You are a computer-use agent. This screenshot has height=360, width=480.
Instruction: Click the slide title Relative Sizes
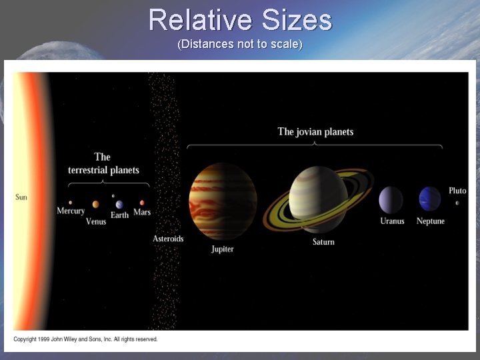tap(240, 20)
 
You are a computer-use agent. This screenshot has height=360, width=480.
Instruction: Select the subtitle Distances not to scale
tap(240, 45)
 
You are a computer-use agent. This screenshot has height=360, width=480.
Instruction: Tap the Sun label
tap(21, 197)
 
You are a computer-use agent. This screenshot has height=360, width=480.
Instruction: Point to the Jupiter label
tap(223, 249)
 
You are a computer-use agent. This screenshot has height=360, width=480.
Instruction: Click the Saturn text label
tap(323, 241)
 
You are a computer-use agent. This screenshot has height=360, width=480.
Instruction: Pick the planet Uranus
tap(391, 200)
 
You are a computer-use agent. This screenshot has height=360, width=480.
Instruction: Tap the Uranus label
tap(392, 221)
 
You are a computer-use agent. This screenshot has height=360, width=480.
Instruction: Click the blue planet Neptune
tap(430, 199)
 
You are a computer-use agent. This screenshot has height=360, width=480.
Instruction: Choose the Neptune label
tap(430, 221)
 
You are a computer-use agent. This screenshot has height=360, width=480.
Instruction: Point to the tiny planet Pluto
tap(457, 203)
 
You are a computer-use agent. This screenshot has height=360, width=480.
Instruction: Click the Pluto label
tap(457, 191)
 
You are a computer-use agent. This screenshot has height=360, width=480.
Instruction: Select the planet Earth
tap(119, 204)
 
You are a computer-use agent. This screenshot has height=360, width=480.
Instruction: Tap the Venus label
tap(96, 222)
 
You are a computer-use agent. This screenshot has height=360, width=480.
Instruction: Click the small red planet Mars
tap(142, 203)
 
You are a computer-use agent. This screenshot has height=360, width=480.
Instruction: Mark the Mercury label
tap(71, 211)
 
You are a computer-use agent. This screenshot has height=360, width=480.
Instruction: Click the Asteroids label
tap(168, 239)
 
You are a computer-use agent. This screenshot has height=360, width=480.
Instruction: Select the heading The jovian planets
tap(315, 132)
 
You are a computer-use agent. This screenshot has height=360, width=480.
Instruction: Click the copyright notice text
tap(86, 339)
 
